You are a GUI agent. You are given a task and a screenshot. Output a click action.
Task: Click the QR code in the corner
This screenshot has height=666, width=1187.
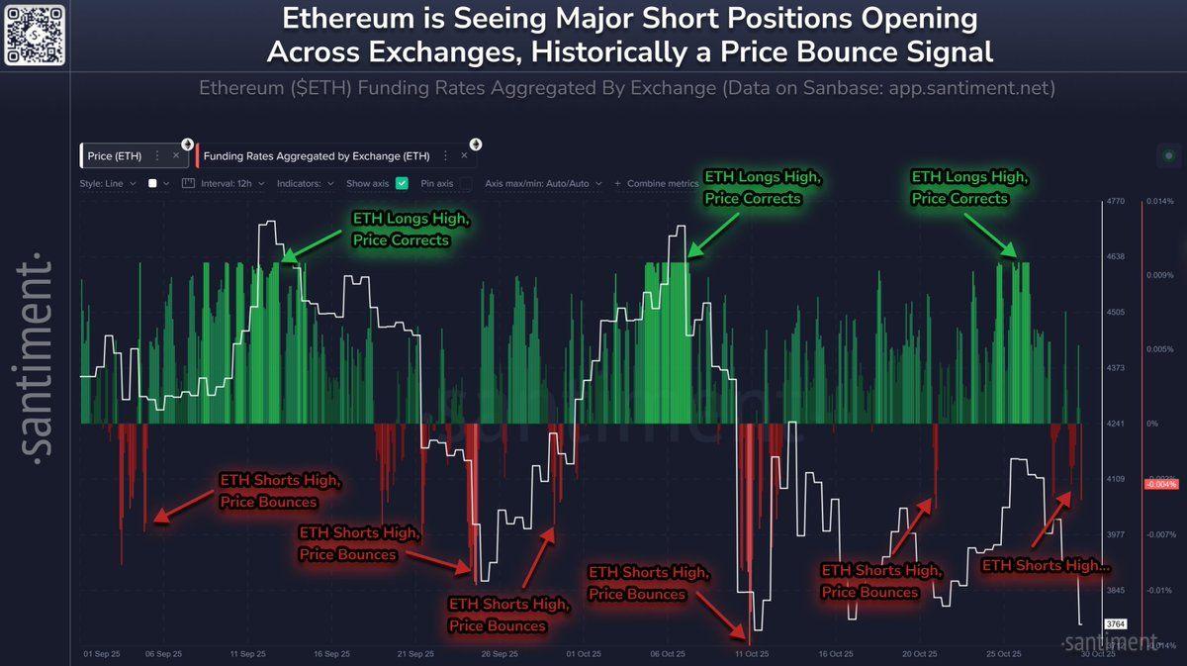(35, 34)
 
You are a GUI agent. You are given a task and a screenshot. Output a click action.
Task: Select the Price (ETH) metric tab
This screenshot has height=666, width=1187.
(115, 155)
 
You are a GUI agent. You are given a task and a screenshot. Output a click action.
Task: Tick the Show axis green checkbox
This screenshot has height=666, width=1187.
(402, 183)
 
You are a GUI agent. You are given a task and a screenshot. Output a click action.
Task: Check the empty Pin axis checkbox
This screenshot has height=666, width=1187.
(465, 183)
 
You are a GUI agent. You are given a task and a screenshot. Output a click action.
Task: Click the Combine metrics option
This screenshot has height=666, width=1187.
(657, 183)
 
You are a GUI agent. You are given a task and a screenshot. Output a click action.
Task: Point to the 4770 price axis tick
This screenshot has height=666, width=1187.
(1116, 202)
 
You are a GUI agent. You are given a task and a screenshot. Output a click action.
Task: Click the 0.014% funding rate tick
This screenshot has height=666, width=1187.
(1159, 202)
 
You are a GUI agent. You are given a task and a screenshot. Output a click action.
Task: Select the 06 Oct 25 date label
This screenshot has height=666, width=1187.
(668, 654)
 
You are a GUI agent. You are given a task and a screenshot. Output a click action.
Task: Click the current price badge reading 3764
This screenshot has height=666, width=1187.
(1116, 624)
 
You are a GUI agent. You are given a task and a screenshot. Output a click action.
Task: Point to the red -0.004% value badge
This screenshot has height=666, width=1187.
(1159, 484)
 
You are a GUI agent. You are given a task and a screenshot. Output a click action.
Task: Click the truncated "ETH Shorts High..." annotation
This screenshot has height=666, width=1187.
(1046, 565)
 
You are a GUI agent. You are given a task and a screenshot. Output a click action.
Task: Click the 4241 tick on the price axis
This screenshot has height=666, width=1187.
(1116, 424)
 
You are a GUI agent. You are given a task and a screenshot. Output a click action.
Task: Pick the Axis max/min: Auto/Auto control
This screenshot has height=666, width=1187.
(537, 183)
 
